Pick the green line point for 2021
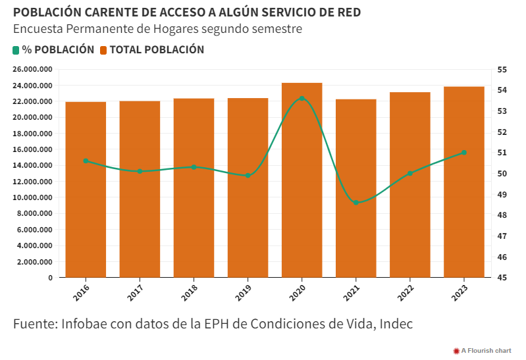pyautogui.click(x=355, y=203)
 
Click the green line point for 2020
pyautogui.click(x=302, y=98)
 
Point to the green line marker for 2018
pyautogui.click(x=194, y=167)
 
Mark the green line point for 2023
pyautogui.click(x=463, y=153)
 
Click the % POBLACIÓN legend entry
pyautogui.click(x=53, y=50)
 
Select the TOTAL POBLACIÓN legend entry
pyautogui.click(x=152, y=50)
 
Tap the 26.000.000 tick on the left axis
pyautogui.click(x=32, y=70)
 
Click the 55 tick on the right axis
pyautogui.click(x=502, y=70)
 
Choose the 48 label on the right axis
pyautogui.click(x=502, y=215)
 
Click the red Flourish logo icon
pyautogui.click(x=456, y=351)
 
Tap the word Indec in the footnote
pyautogui.click(x=395, y=324)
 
